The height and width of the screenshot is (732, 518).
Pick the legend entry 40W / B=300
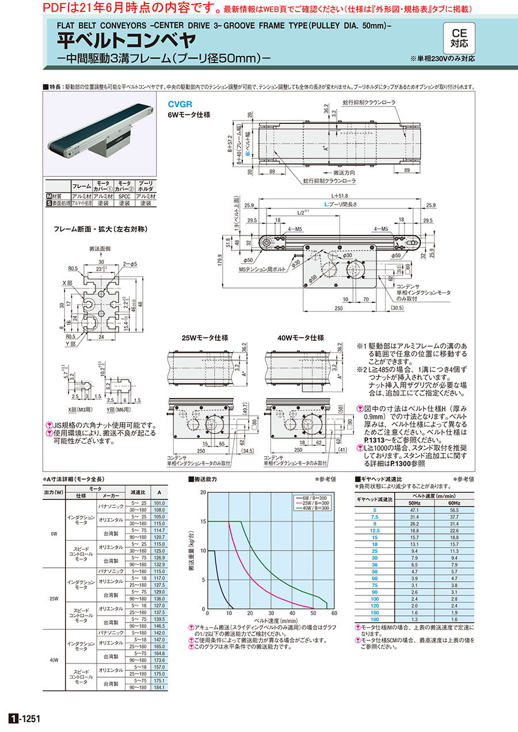click(315, 508)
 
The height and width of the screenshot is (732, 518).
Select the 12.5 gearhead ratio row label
click(375, 531)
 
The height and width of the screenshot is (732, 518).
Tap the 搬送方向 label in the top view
click(345, 172)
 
